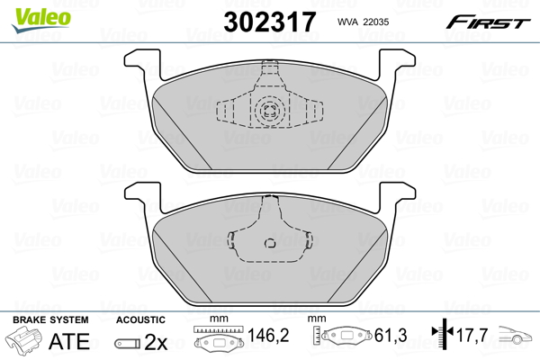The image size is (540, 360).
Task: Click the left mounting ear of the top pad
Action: click(137, 62)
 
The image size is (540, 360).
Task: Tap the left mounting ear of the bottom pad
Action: click(137, 192)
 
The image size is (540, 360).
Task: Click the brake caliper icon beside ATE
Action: click(24, 343)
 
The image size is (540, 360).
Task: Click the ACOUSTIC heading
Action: click(140, 320)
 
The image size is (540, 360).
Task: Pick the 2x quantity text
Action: click(156, 343)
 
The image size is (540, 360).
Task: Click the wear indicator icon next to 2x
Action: click(128, 344)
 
